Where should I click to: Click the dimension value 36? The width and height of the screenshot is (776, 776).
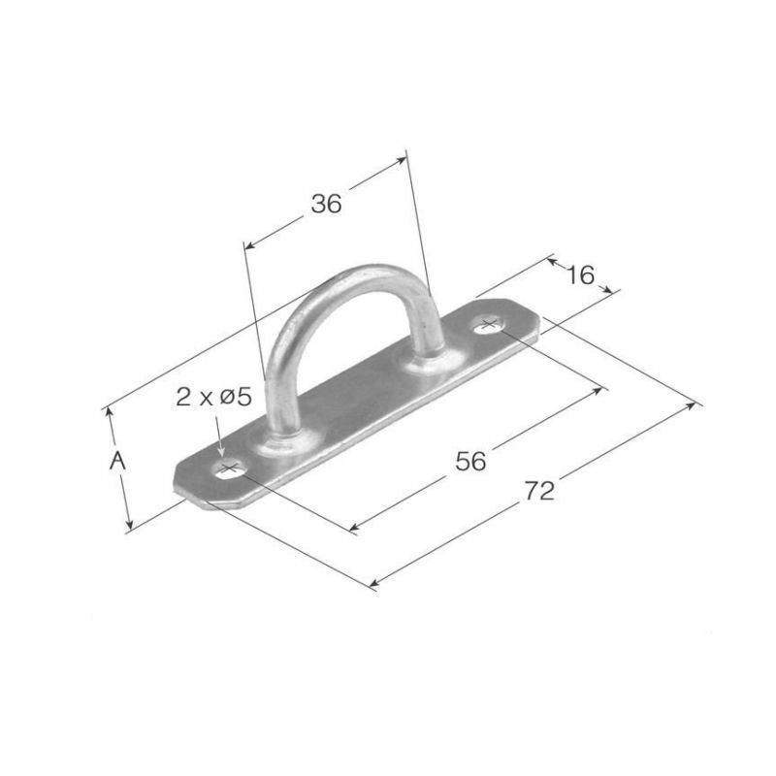(326, 204)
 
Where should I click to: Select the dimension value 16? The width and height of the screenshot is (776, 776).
(580, 275)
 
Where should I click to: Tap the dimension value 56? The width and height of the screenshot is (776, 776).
(470, 461)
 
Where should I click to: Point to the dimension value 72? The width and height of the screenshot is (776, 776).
(539, 491)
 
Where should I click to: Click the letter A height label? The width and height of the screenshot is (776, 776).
(117, 461)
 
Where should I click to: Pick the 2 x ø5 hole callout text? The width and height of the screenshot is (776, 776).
(213, 397)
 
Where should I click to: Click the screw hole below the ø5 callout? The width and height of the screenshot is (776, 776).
(229, 469)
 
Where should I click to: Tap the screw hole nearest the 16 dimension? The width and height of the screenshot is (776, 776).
(489, 325)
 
